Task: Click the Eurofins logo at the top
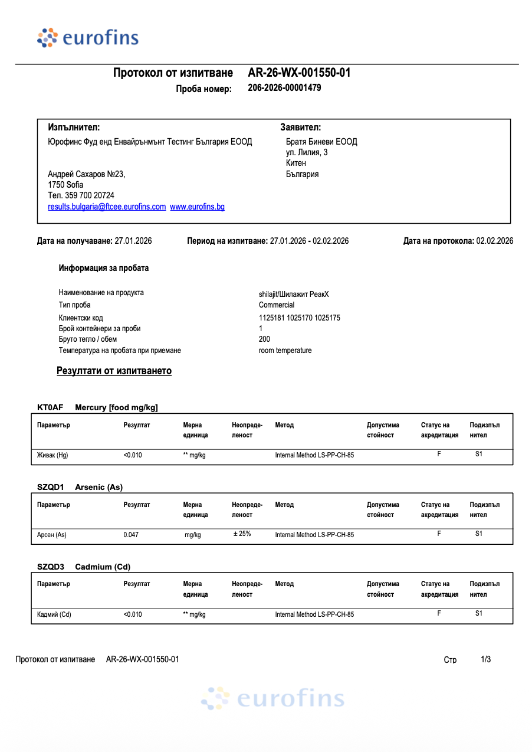point(88,38)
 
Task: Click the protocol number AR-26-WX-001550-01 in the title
point(299,73)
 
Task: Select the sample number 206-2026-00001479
point(284,88)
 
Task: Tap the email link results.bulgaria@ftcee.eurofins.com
point(107,207)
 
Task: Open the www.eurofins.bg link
point(197,207)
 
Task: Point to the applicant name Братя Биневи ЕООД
point(321,142)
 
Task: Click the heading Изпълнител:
point(74,127)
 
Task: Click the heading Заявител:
point(300,127)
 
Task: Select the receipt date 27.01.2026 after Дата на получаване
point(133,241)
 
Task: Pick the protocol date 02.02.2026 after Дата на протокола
point(494,241)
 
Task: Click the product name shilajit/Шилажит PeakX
point(294,293)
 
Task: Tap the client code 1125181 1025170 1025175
point(299,318)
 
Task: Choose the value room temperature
point(285,351)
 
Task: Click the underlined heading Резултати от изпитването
point(114,371)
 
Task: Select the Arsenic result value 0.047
point(131,535)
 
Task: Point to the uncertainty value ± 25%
point(242,534)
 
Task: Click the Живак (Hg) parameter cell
point(52,455)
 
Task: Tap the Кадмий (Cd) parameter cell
point(54,614)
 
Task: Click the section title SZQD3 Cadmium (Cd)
point(84,567)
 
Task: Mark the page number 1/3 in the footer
point(486,659)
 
